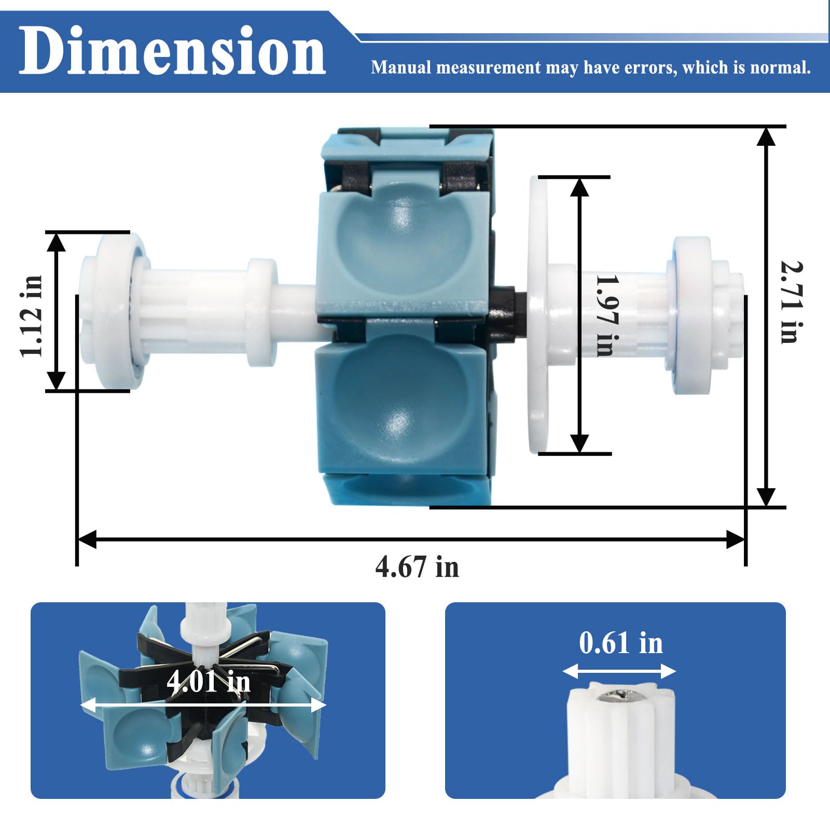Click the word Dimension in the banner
172,51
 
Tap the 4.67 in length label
417,566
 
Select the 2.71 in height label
792,302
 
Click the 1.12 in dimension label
32,316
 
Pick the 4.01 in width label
209,681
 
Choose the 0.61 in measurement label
621,643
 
